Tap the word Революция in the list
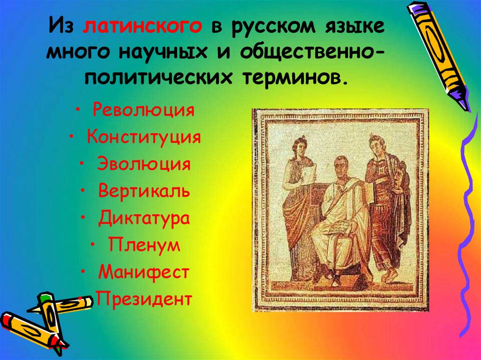[x=143, y=112]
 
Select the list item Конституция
[x=144, y=138]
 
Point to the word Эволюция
[x=144, y=165]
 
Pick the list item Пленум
[x=144, y=245]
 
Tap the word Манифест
[x=144, y=272]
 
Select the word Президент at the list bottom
[x=144, y=299]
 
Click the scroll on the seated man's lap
[x=339, y=229]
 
